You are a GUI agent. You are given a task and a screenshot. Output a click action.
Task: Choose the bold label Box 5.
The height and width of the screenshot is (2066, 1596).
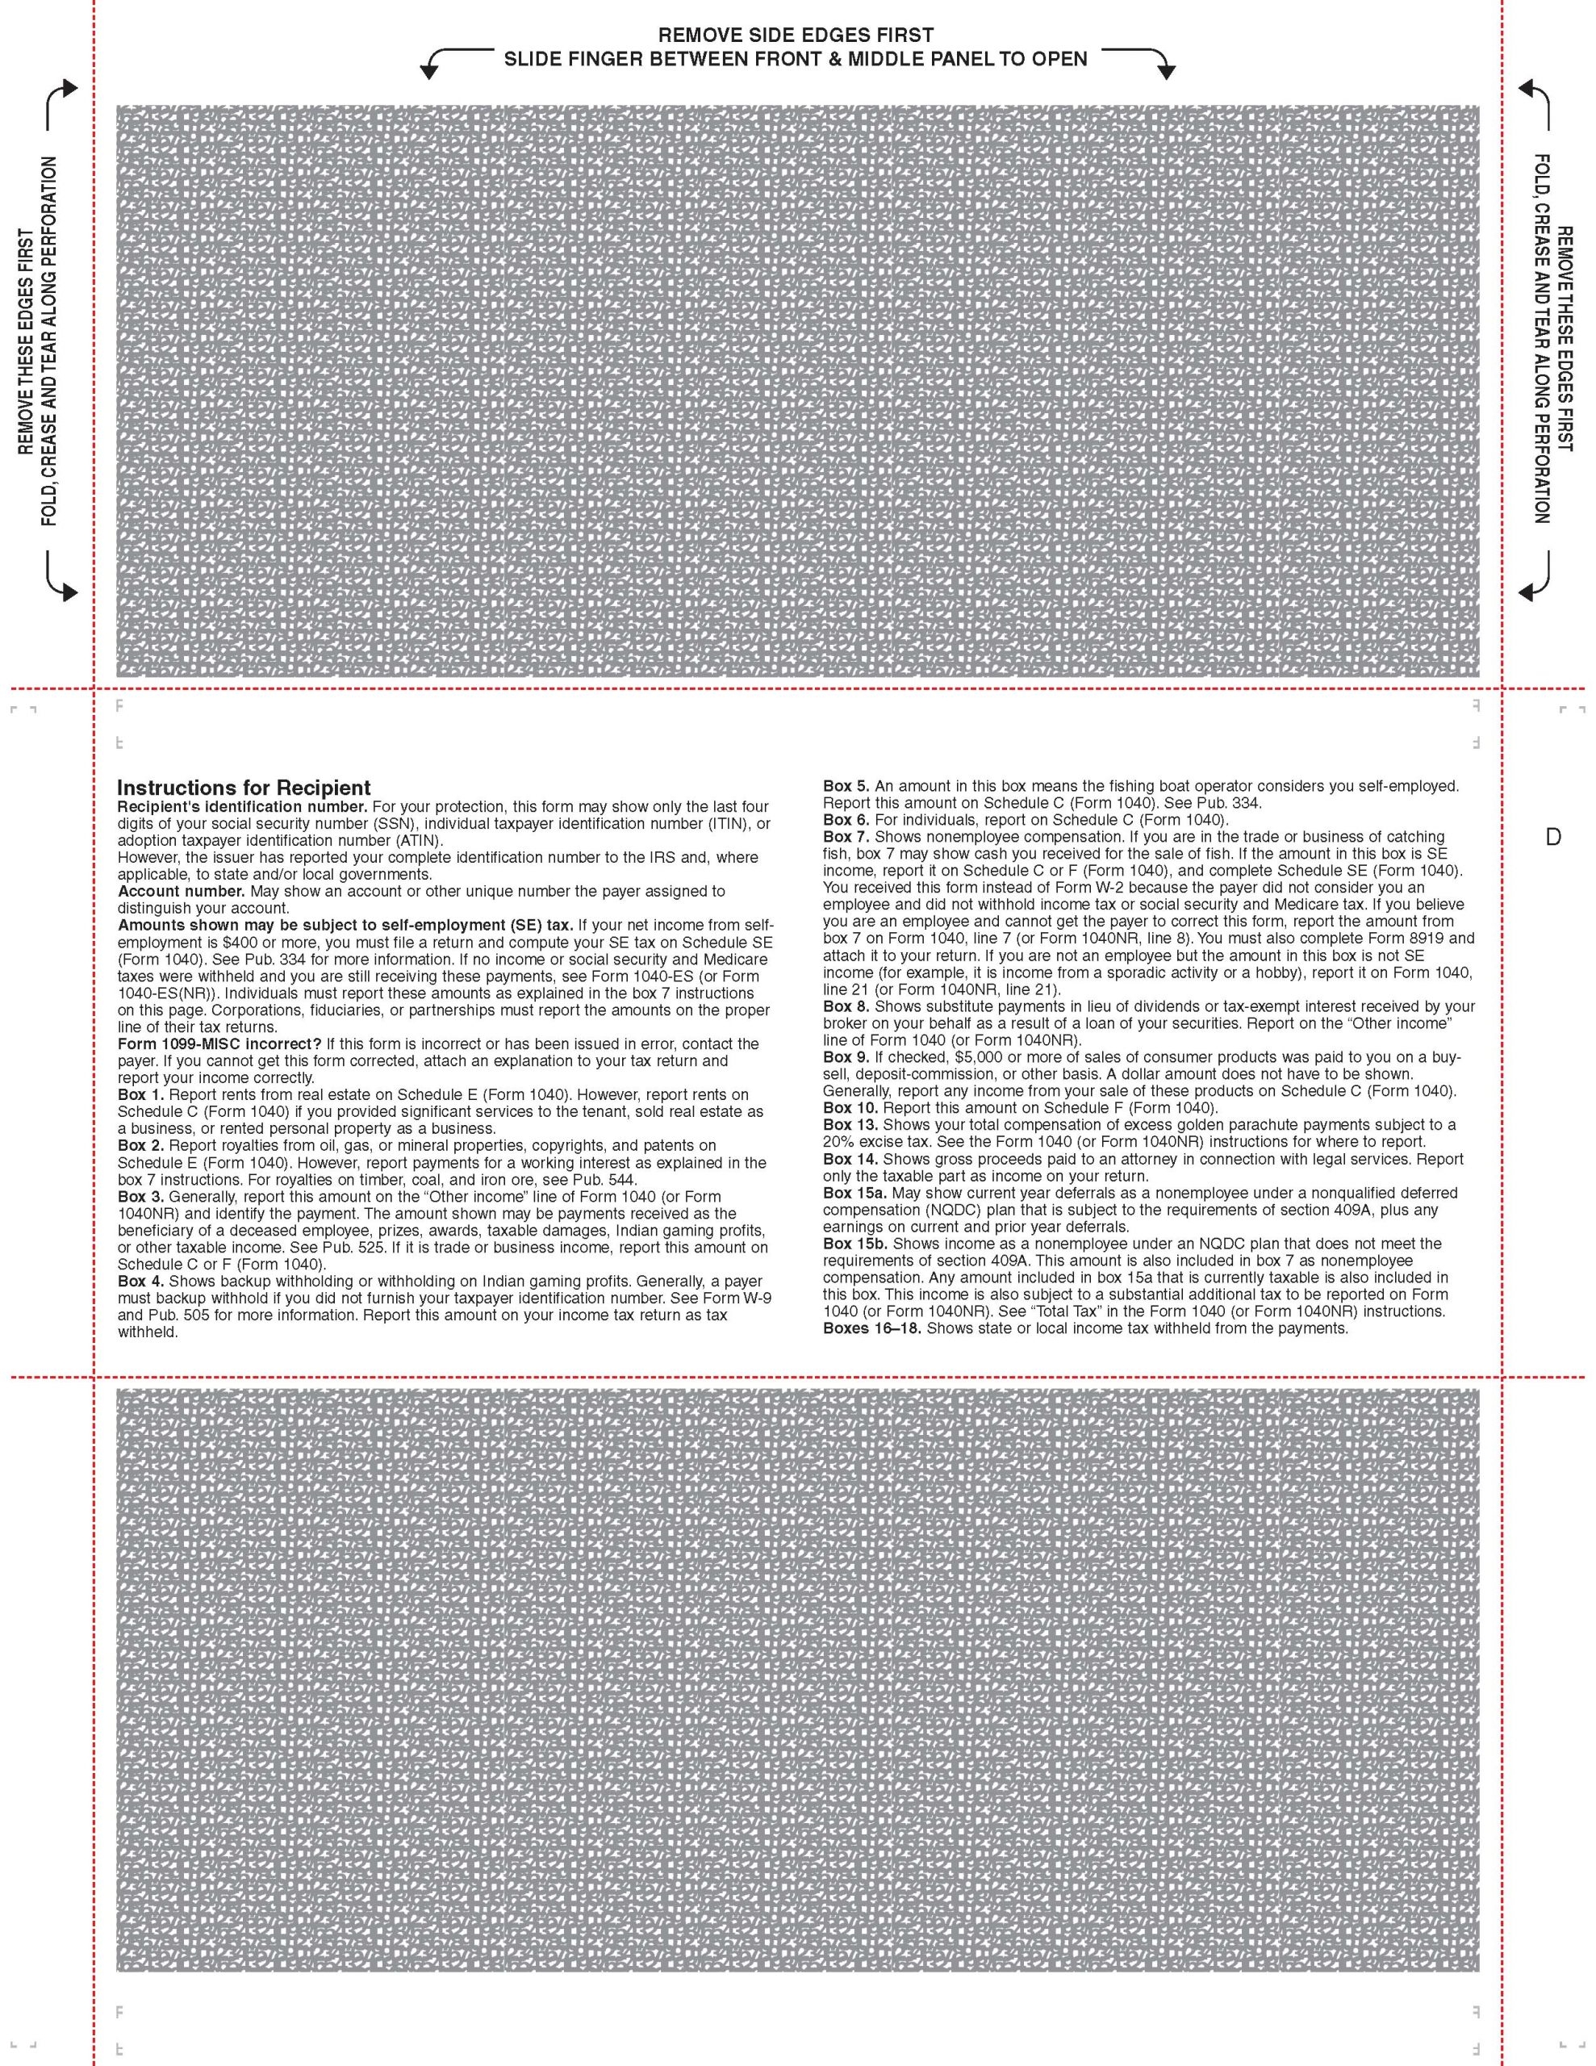pos(846,786)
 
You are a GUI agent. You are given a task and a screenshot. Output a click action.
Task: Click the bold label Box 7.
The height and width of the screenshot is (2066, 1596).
pos(846,837)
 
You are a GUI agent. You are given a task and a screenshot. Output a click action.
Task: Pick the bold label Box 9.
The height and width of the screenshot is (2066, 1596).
pos(846,1056)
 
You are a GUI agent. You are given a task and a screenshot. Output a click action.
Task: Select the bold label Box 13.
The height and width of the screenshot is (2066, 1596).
pos(850,1125)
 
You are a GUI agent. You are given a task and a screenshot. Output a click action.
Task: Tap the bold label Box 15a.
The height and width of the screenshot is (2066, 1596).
pos(854,1193)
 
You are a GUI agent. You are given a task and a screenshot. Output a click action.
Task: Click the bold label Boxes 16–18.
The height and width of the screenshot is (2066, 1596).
pos(872,1329)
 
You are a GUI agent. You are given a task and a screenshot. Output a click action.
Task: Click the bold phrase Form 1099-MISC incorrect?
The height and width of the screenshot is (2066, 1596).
pos(219,1043)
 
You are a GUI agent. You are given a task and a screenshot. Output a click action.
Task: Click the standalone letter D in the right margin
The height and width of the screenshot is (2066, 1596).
pos(1552,837)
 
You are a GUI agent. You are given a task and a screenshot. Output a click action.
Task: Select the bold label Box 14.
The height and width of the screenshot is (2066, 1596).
pos(850,1159)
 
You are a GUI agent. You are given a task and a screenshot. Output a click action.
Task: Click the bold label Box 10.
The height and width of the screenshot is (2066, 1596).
pos(850,1108)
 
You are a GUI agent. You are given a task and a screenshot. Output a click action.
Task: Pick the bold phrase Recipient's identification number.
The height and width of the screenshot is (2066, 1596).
pos(242,807)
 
